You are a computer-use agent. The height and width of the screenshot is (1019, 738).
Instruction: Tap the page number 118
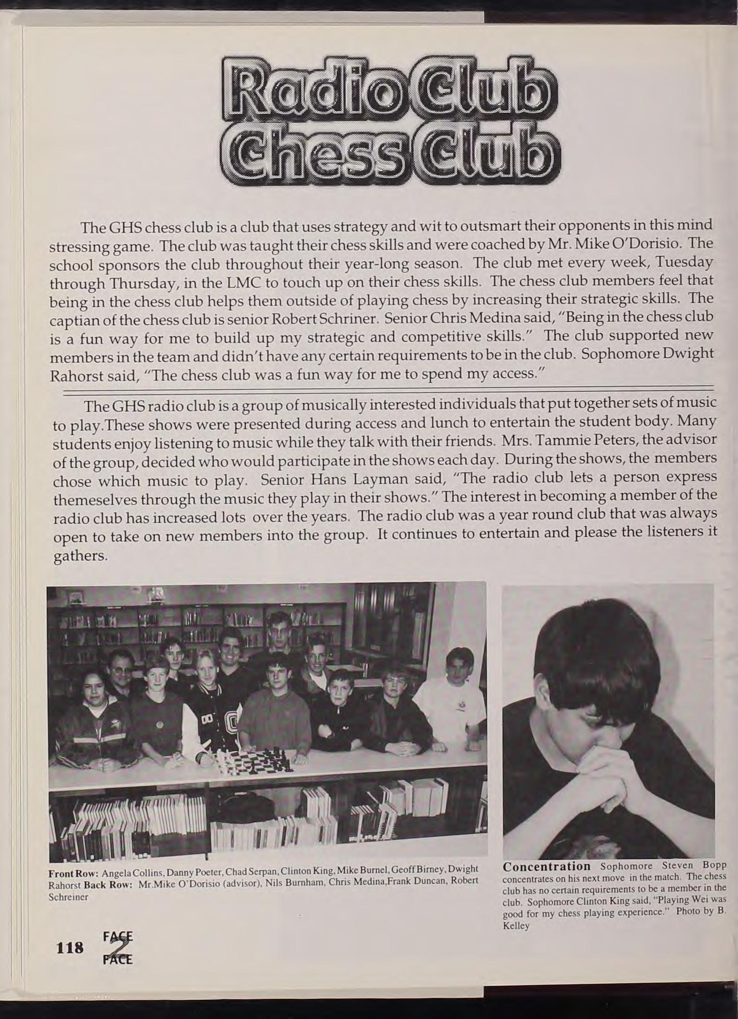[69, 946]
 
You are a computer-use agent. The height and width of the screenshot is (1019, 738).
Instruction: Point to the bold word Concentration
[546, 866]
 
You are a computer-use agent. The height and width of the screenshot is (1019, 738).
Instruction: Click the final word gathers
[80, 556]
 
